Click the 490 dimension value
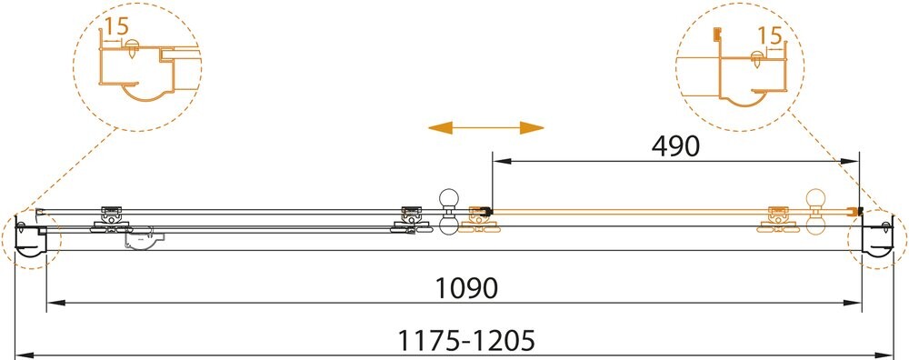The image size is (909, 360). pyautogui.click(x=675, y=147)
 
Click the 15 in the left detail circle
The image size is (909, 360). pyautogui.click(x=116, y=25)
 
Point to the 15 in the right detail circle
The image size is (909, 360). pyautogui.click(x=770, y=36)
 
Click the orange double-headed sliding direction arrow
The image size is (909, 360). pyautogui.click(x=485, y=127)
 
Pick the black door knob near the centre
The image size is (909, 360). pyautogui.click(x=449, y=212)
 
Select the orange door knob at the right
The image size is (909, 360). pyautogui.click(x=816, y=211)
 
